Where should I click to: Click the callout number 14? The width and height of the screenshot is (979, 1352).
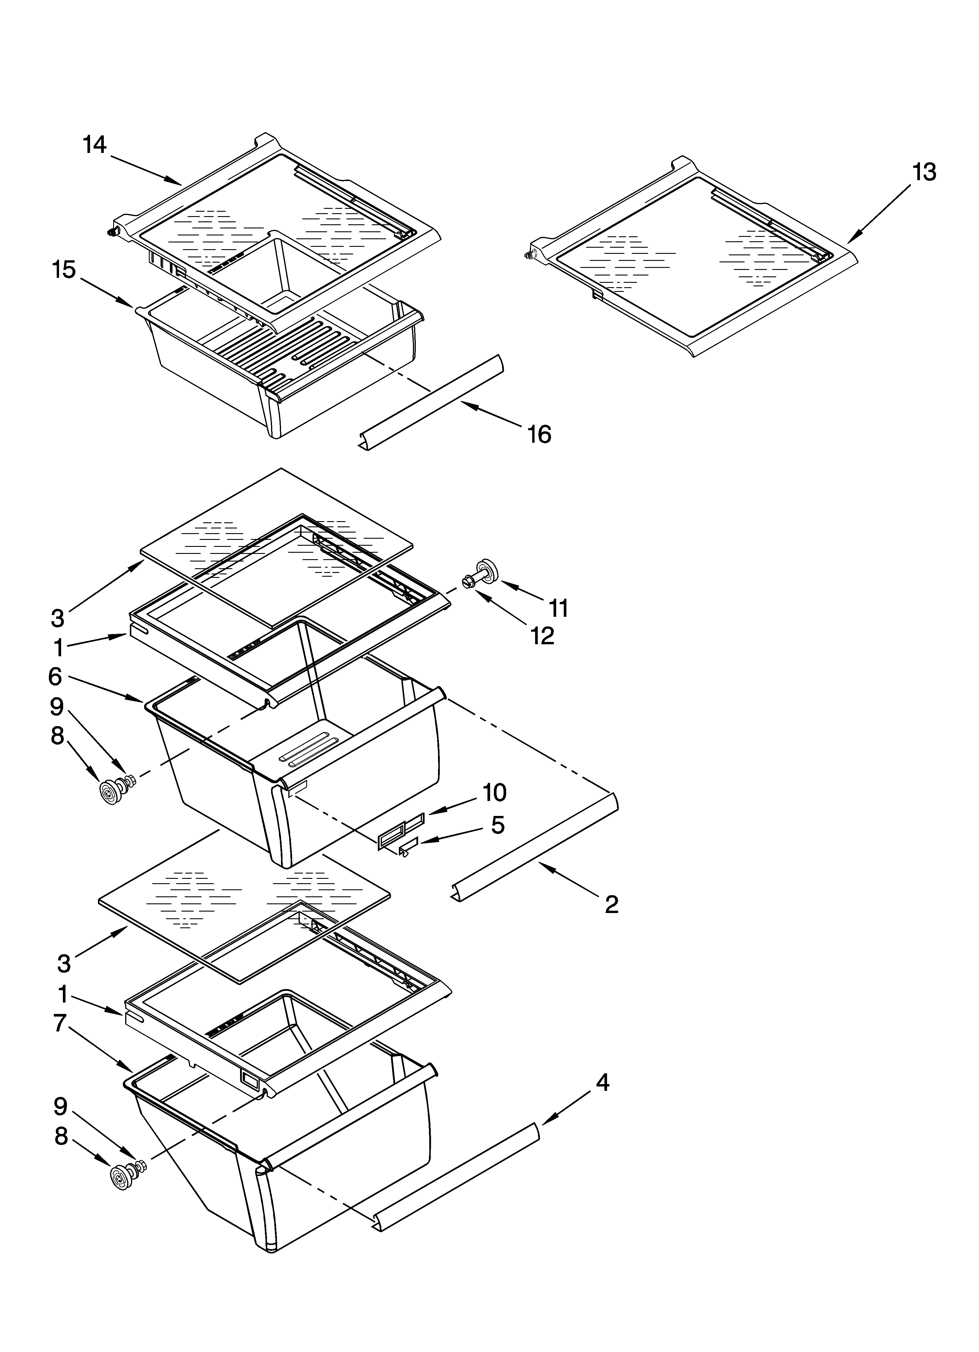coord(94,145)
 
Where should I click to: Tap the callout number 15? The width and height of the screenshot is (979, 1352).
coord(64,270)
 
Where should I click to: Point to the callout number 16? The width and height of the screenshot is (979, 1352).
coord(539,435)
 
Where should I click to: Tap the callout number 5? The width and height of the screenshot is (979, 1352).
coord(498,825)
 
